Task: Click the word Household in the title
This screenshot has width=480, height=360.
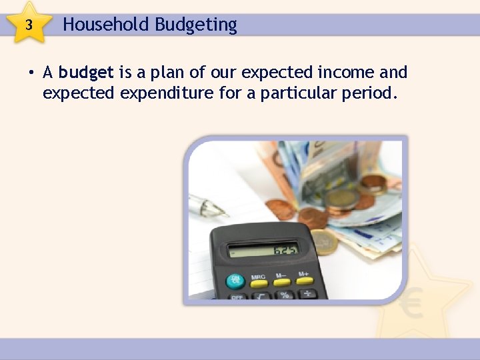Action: tap(106, 25)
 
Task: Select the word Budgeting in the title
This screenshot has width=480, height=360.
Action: tap(196, 25)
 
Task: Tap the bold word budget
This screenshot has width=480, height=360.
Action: tap(87, 72)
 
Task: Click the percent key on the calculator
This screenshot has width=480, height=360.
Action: tap(285, 294)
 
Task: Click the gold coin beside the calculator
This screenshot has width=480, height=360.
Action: tap(324, 242)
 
